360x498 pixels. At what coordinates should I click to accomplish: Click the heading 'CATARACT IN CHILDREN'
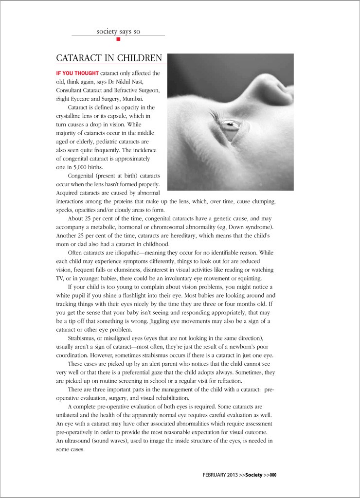point(109,58)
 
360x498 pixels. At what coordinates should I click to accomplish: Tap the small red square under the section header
point(118,39)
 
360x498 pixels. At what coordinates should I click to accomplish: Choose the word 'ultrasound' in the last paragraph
point(85,441)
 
